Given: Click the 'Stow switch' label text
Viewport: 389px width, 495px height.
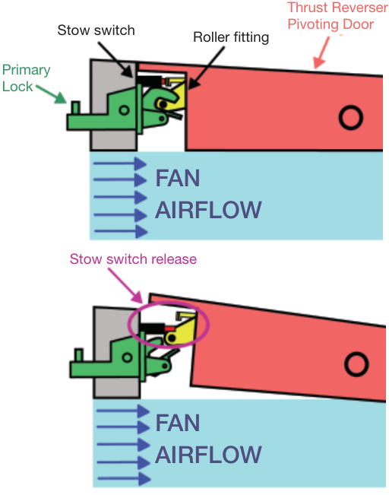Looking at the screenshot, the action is coord(96,30).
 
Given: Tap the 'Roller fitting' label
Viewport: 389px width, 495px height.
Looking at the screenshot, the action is coord(231,37).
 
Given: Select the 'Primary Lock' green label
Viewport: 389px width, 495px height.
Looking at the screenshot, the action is coord(26,78).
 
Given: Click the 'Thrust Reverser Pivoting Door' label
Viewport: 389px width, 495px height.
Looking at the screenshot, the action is coord(337,16).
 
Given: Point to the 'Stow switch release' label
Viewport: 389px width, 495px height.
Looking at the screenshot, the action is coord(133,259).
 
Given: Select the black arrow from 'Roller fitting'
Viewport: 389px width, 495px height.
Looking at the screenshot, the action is coord(207,68).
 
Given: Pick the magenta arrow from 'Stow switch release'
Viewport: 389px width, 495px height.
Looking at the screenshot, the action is coord(125,285).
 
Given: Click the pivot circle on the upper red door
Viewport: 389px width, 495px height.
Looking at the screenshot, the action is coord(351,117).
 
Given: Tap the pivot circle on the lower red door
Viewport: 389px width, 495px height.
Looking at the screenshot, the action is coord(356,364).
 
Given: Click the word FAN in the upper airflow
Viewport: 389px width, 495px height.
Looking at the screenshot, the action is coord(178,178).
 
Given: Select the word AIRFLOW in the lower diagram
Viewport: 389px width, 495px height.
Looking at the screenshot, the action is coord(208,455).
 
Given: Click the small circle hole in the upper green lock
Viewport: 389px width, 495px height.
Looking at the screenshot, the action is coord(124,110).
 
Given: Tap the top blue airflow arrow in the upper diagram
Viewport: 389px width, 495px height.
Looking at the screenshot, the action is coord(120,163).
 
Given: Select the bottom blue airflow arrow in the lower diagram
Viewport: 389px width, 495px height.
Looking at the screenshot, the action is coord(124,479).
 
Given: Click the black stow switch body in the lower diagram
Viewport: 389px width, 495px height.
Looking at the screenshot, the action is coord(152,328).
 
